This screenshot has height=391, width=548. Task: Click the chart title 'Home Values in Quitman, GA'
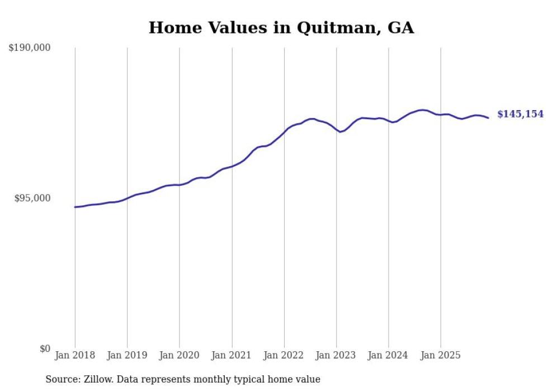pos(281,28)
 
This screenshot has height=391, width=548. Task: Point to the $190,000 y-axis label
pos(30,48)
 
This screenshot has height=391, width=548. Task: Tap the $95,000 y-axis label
pos(32,198)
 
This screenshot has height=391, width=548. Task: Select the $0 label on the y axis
pos(45,348)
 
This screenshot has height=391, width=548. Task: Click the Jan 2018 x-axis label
pos(75,355)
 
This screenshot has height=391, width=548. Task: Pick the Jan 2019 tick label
pos(127,355)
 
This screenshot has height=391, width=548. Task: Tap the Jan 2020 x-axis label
pos(179,355)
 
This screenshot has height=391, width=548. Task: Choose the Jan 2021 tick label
pos(232,355)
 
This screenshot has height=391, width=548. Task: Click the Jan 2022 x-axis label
pos(284,355)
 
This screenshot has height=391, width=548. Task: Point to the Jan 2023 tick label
pos(336,355)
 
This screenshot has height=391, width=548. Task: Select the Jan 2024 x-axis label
pos(389,355)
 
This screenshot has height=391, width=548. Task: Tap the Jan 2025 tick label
pos(441,355)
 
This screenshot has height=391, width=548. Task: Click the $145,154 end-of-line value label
pos(520,114)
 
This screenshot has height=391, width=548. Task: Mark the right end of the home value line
pos(488,117)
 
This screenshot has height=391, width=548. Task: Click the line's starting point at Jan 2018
pos(75,207)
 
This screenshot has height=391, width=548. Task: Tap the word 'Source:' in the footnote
pos(62,379)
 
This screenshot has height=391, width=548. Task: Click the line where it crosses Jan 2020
pos(179,185)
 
